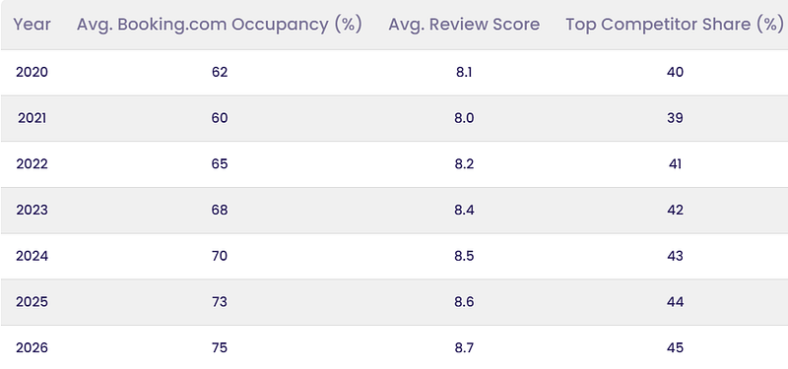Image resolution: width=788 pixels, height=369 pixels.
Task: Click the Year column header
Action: click(32, 24)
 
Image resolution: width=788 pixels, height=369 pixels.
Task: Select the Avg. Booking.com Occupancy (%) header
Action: click(219, 25)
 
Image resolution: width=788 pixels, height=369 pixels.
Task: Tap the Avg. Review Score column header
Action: click(464, 25)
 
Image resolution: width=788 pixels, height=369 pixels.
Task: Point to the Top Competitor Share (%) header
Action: click(675, 25)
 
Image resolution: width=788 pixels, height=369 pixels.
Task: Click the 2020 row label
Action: click(32, 72)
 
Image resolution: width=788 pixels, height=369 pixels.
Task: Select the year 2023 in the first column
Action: click(32, 210)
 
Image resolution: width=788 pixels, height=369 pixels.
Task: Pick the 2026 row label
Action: click(32, 348)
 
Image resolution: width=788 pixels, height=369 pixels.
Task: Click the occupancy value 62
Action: click(220, 72)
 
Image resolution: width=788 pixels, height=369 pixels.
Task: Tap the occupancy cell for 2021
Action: click(220, 118)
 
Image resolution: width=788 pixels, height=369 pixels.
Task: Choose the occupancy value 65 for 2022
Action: click(220, 164)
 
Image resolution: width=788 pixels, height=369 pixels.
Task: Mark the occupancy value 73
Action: click(220, 302)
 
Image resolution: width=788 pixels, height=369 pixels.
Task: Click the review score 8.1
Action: click(464, 72)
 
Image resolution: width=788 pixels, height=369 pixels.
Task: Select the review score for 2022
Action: click(464, 164)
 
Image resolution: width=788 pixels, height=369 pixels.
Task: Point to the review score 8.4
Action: click(464, 210)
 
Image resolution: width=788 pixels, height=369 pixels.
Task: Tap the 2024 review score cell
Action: click(464, 256)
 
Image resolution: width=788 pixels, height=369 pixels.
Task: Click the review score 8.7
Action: click(464, 348)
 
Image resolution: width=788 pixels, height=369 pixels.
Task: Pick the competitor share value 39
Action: click(675, 118)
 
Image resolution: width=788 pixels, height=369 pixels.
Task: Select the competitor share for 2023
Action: click(675, 210)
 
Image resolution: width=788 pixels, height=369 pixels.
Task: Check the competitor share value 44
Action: click(675, 302)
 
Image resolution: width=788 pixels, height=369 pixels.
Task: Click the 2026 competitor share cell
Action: click(675, 348)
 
